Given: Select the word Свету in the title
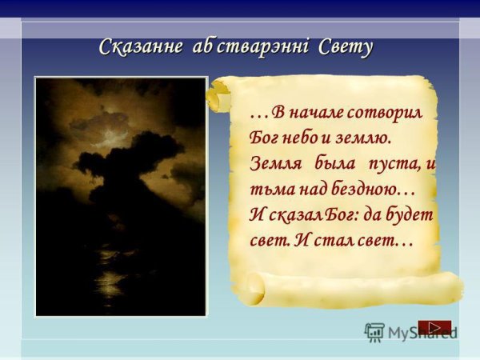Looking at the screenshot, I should point(346,47).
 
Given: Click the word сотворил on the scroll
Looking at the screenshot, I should point(387,111).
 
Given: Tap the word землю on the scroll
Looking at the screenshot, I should point(363,138).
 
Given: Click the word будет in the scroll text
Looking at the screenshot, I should point(411,214).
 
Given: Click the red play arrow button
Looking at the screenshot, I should point(434,326).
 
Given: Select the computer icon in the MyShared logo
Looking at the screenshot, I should point(374,332).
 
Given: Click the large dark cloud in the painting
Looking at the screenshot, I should point(128,156).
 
